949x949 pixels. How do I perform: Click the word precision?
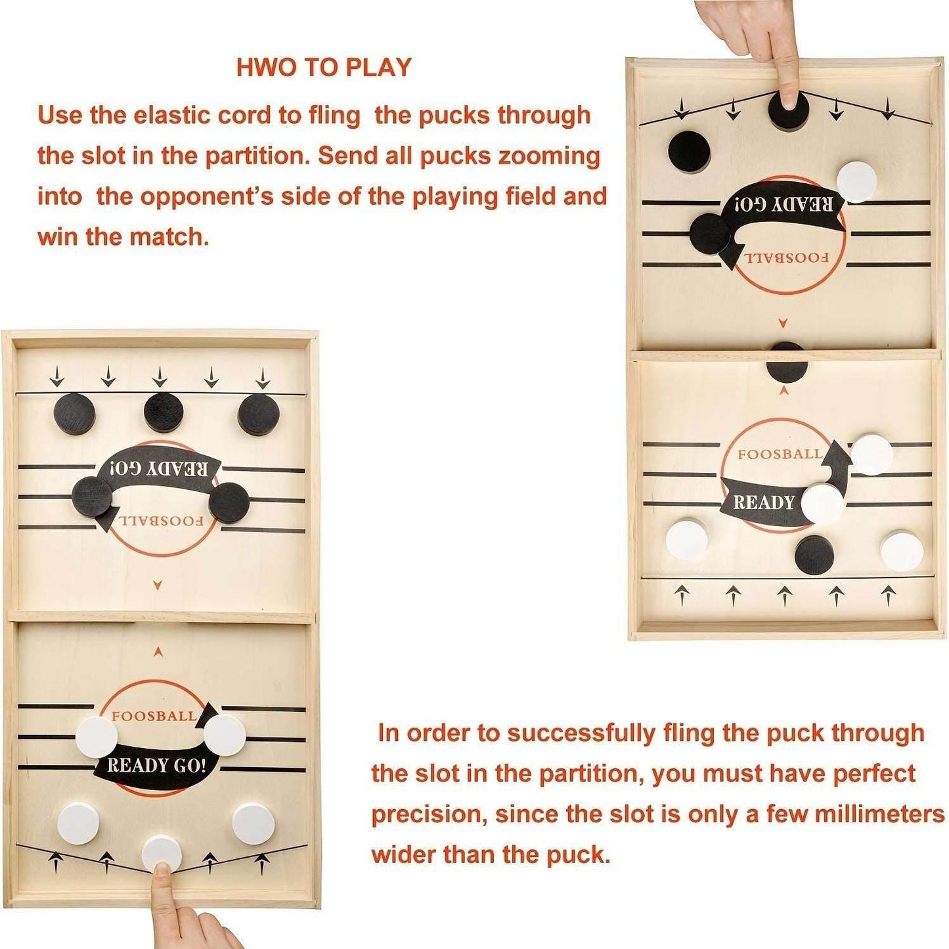(427, 814)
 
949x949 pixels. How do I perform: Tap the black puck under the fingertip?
(788, 109)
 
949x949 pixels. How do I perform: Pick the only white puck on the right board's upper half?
(856, 181)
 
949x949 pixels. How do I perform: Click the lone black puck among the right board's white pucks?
(814, 554)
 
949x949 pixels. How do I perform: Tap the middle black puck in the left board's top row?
(164, 413)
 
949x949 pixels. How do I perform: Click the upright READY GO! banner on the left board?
(156, 766)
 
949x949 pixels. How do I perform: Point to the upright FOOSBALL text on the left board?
(153, 716)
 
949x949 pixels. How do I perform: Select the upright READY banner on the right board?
(764, 502)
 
